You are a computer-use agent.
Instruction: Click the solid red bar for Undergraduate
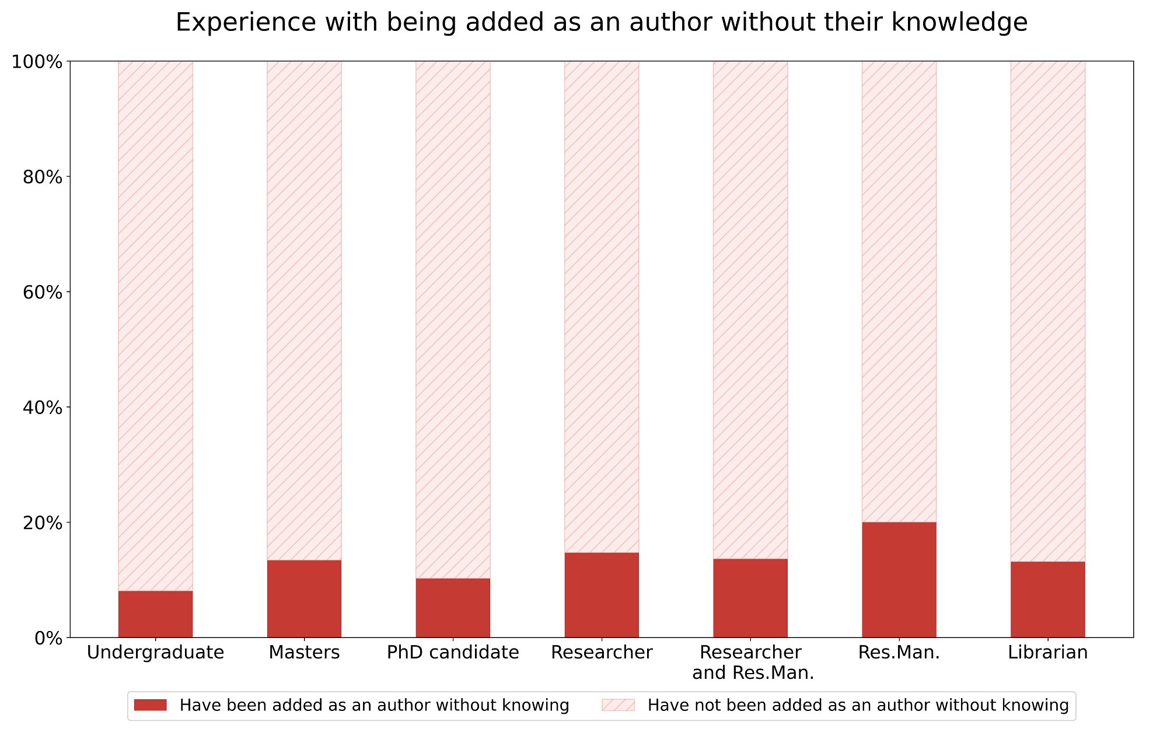coord(155,614)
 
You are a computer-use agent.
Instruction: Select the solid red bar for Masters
coord(304,599)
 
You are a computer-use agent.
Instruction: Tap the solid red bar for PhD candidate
coord(453,608)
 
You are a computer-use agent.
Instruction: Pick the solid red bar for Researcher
coord(602,595)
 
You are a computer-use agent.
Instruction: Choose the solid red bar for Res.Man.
coord(899,580)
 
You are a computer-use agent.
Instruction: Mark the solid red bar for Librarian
coord(1048,600)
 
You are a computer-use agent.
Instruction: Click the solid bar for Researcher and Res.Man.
coord(750,598)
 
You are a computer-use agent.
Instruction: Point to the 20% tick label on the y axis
coord(43,523)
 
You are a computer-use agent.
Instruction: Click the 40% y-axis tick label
coord(43,407)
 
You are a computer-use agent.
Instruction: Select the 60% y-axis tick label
coord(43,292)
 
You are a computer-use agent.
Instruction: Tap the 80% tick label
coord(43,177)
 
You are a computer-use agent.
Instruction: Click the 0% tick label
coord(48,638)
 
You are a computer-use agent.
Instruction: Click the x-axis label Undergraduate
coord(155,653)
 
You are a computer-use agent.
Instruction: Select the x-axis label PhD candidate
coord(453,653)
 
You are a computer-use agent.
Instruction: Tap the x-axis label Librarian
coord(1048,653)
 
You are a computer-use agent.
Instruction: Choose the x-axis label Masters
coord(304,653)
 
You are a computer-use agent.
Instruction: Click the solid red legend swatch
coord(150,705)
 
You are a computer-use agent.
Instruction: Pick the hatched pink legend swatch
coord(618,705)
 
